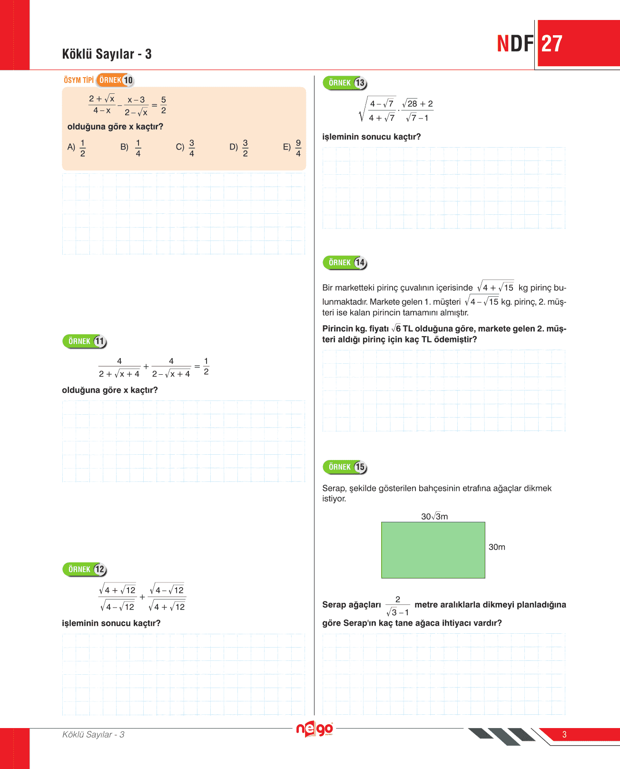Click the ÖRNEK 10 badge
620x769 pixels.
115,80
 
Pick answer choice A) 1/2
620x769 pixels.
77,148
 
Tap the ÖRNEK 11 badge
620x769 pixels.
85,341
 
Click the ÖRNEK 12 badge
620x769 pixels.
85,569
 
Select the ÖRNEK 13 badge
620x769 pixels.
345,83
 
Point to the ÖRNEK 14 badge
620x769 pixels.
345,263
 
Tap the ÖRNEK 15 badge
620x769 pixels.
345,467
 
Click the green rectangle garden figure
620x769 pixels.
433,550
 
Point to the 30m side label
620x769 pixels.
497,547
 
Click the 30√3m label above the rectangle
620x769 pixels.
434,517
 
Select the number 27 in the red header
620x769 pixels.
552,44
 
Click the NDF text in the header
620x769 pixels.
515,44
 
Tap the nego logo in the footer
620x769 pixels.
315,729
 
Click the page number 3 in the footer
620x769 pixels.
564,734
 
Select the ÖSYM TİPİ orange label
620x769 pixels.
79,80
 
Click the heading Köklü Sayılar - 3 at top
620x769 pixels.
107,54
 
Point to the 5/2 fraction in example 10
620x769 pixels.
164,105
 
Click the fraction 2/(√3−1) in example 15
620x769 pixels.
398,606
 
